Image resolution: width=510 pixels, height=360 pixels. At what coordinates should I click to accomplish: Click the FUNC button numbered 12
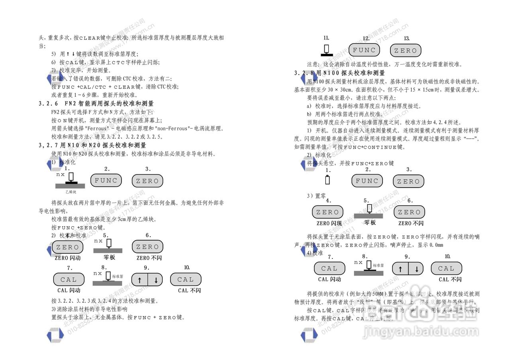tap(364, 50)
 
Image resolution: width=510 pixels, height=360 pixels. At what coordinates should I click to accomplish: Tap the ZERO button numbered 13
tap(406, 51)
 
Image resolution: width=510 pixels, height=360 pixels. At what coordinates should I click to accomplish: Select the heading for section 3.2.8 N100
tap(340, 73)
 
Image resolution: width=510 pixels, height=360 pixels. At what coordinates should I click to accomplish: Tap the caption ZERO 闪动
tap(68, 258)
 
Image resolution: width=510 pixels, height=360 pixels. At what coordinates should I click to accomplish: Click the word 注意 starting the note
tap(313, 64)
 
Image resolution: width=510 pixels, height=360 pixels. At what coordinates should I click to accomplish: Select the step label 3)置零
tap(316, 196)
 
